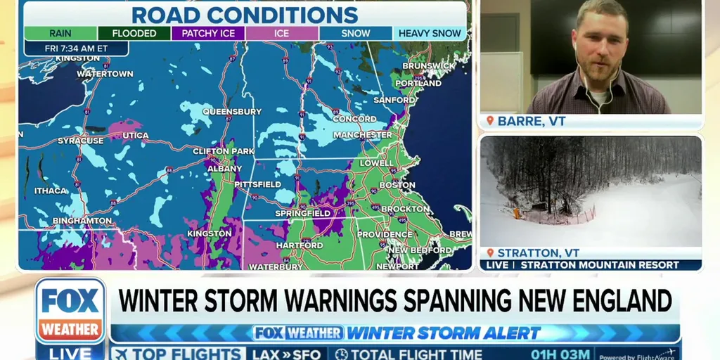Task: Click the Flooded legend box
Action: pos(134,33)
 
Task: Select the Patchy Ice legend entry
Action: pos(208,33)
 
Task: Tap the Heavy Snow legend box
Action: pos(430,33)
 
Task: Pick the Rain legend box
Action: pos(60,33)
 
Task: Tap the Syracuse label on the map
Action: pos(80,141)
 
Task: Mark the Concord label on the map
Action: pos(354,120)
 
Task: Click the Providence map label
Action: pos(384,234)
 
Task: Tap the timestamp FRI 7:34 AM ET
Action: pos(76,49)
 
